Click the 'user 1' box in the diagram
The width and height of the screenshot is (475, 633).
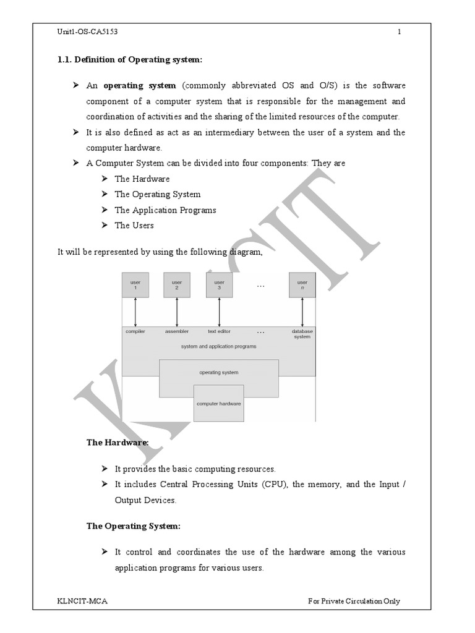135,285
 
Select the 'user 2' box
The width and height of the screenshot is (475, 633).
177,285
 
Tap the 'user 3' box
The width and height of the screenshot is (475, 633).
219,285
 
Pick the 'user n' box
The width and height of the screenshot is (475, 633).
302,285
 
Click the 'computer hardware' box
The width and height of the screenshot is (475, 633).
219,403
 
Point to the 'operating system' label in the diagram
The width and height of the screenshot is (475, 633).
219,372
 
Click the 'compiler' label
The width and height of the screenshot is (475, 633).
135,331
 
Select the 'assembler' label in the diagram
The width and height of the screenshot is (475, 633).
177,331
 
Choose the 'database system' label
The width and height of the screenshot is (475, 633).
302,334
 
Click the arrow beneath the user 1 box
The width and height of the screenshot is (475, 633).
135,312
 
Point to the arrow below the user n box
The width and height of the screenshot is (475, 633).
302,312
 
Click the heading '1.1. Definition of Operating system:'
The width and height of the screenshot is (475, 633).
130,59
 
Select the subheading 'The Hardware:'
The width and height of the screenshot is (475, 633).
118,443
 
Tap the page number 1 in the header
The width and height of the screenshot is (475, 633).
400,32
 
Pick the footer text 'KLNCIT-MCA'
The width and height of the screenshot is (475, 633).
78,601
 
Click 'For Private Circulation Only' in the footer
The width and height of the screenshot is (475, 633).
354,601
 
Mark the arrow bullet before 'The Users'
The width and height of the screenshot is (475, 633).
105,225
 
